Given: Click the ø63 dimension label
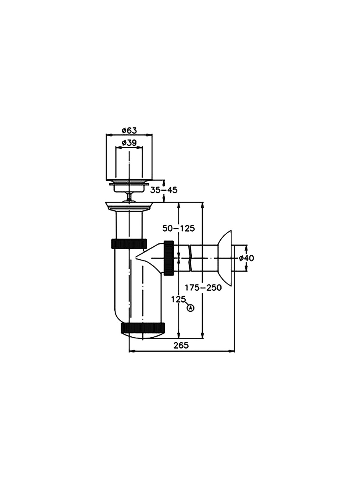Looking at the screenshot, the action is (x=129, y=131).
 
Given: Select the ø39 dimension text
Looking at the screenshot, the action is (x=129, y=143).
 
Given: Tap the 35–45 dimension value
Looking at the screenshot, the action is (x=164, y=190).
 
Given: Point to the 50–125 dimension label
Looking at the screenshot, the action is (x=178, y=229).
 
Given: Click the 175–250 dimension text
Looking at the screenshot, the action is (x=203, y=288).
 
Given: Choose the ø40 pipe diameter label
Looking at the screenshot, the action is (x=246, y=258).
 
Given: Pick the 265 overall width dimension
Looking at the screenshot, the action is (x=181, y=345).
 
